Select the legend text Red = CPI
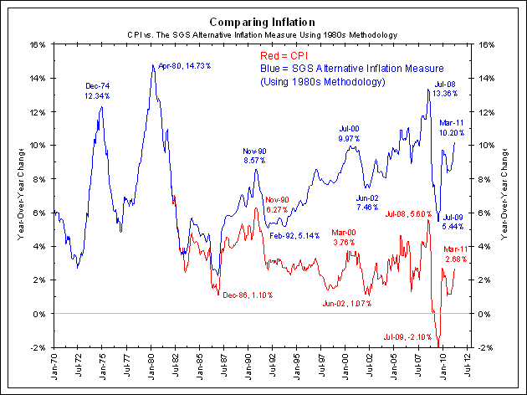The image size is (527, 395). [283, 54]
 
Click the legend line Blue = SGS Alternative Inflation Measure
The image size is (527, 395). [351, 68]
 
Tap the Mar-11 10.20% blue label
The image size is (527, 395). [452, 127]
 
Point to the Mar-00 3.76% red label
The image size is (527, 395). [343, 237]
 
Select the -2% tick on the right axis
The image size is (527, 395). [484, 347]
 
